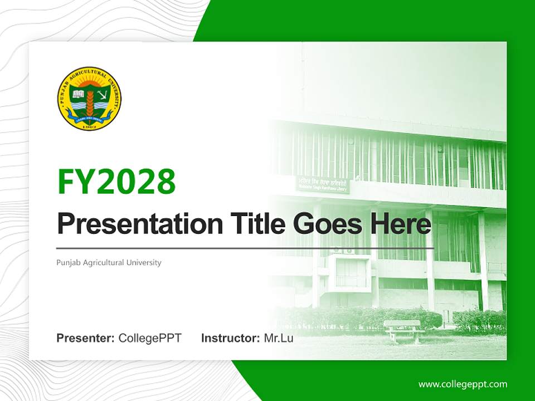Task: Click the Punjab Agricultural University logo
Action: pos(89,99)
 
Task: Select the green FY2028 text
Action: pos(116,182)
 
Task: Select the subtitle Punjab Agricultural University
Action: pos(109,262)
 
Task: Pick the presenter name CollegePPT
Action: pos(150,338)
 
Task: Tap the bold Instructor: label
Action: pos(230,338)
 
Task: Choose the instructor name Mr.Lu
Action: pos(279,338)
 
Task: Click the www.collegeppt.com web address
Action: pos(463,384)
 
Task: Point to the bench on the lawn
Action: pos(402,329)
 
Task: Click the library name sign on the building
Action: pos(323,185)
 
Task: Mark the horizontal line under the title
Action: pos(245,248)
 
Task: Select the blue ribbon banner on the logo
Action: pos(89,118)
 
